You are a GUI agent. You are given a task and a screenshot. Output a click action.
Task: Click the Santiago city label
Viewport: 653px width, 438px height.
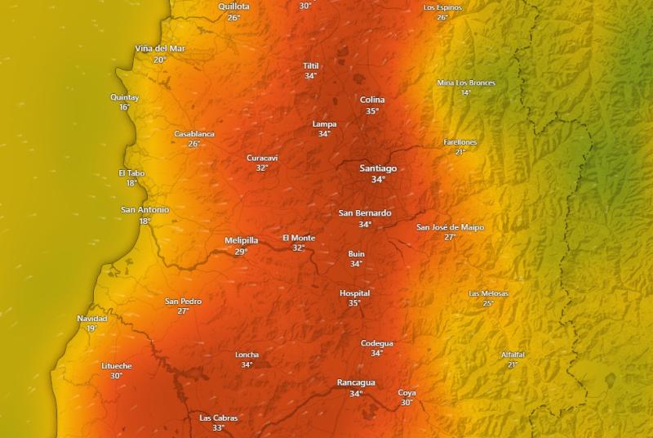[378, 168]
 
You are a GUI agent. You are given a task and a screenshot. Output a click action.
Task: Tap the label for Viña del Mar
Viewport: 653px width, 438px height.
[160, 49]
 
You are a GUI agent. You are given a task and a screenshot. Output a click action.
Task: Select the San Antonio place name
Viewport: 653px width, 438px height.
[145, 210]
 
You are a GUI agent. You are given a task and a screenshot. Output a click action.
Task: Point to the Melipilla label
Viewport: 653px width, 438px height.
[241, 240]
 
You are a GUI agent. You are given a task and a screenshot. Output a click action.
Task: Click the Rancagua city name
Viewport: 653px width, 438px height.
[356, 382]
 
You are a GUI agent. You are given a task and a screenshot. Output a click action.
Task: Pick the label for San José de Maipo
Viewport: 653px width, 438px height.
[450, 227]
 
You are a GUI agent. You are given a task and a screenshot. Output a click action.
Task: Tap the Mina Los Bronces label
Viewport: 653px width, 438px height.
[466, 83]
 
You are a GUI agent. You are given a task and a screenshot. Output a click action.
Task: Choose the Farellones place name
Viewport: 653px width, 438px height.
[460, 142]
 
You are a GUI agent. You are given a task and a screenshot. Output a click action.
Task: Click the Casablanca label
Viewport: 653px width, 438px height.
[194, 134]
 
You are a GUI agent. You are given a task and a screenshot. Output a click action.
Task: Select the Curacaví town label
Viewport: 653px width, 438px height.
[262, 158]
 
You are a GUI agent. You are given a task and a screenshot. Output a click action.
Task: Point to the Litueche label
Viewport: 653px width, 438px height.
[117, 365]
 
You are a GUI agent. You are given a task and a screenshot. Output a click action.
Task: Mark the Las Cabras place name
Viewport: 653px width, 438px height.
[219, 418]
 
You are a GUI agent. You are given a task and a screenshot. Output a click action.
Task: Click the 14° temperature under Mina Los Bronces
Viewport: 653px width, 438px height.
[466, 92]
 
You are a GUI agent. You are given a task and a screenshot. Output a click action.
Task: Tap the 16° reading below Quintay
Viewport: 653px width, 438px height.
[124, 107]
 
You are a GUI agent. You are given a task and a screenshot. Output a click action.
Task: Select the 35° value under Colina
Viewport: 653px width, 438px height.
[372, 111]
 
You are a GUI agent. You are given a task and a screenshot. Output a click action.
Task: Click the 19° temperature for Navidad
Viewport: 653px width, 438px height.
[91, 328]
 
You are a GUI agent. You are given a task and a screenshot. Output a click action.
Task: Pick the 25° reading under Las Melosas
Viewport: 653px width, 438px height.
[488, 303]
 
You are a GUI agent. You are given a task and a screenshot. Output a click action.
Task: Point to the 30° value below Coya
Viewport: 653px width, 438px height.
[406, 402]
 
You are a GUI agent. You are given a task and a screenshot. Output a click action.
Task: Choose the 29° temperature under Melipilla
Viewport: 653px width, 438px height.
[241, 252]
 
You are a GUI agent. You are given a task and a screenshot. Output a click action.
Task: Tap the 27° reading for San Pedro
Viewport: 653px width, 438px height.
[183, 311]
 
